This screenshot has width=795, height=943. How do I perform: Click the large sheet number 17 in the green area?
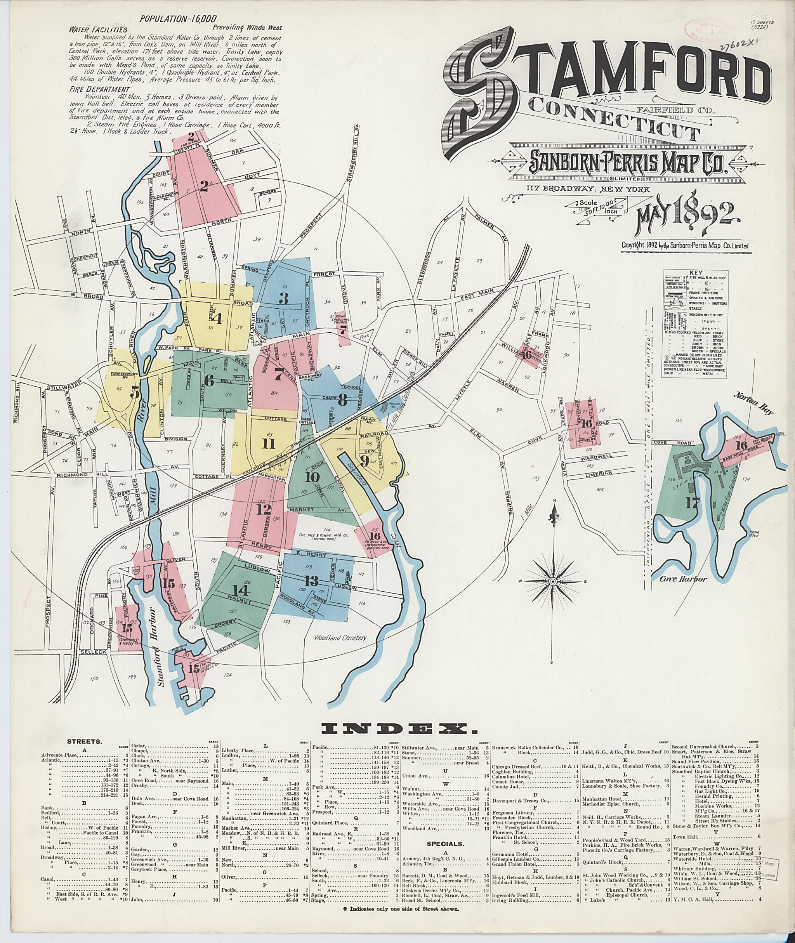[x=691, y=503]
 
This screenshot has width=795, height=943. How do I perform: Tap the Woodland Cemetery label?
[x=340, y=638]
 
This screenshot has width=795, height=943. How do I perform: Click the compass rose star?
[x=552, y=582]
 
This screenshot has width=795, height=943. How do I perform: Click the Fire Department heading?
[x=92, y=90]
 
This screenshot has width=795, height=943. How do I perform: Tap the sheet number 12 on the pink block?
[x=264, y=510]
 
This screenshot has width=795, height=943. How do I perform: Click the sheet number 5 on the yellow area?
[x=135, y=393]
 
